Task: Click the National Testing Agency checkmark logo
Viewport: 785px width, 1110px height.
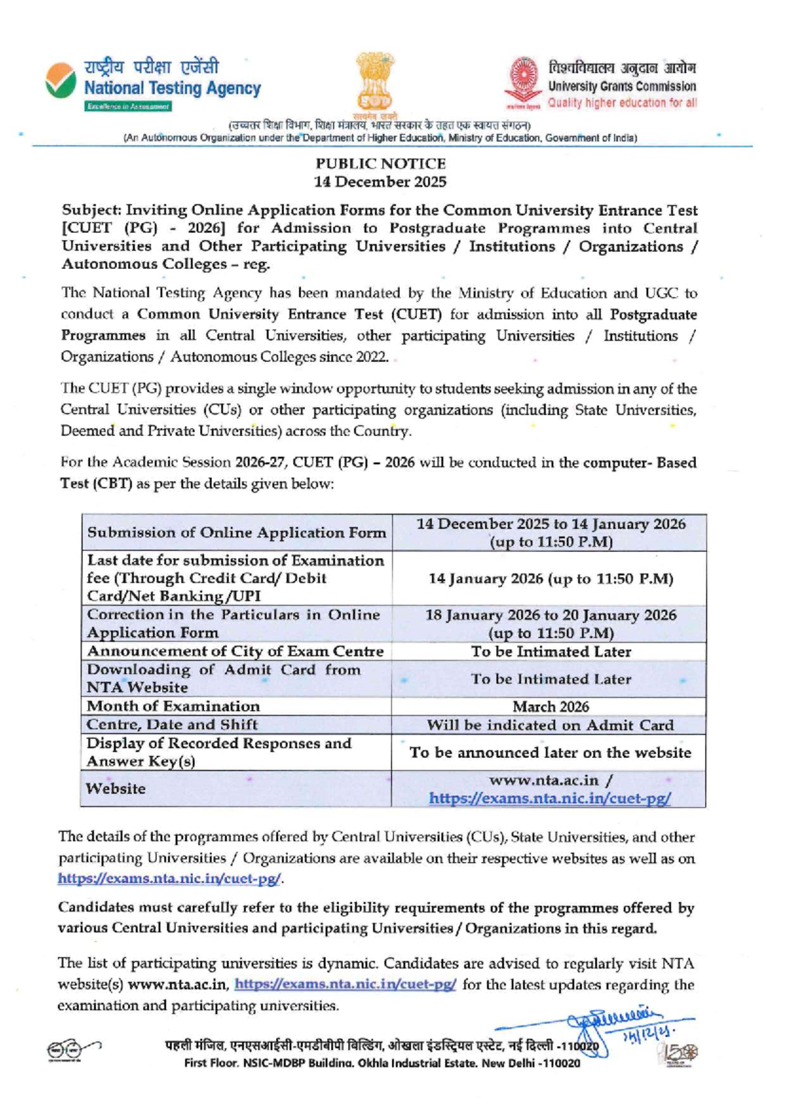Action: pyautogui.click(x=60, y=81)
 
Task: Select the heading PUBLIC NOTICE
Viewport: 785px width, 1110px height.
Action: pyautogui.click(x=380, y=164)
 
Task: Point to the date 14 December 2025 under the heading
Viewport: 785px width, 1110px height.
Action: pyautogui.click(x=380, y=182)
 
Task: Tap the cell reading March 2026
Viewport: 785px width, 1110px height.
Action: pyautogui.click(x=550, y=707)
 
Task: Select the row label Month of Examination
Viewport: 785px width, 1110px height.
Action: pyautogui.click(x=173, y=706)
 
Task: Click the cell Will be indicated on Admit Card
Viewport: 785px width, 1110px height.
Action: pyautogui.click(x=550, y=725)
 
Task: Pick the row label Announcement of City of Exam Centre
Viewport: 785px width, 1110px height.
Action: pyautogui.click(x=235, y=651)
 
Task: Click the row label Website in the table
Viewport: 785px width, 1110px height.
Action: pyautogui.click(x=116, y=789)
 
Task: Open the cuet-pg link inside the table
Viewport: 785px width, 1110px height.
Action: pyautogui.click(x=550, y=799)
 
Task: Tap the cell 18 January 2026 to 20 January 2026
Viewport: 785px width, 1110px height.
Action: pyautogui.click(x=550, y=624)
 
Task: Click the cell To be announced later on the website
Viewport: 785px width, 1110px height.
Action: pyautogui.click(x=550, y=753)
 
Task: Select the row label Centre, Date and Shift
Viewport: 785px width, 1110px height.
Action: pyautogui.click(x=172, y=725)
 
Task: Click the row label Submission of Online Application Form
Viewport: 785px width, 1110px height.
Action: pyautogui.click(x=236, y=533)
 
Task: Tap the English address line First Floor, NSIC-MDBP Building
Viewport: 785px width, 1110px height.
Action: pyautogui.click(x=382, y=1064)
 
